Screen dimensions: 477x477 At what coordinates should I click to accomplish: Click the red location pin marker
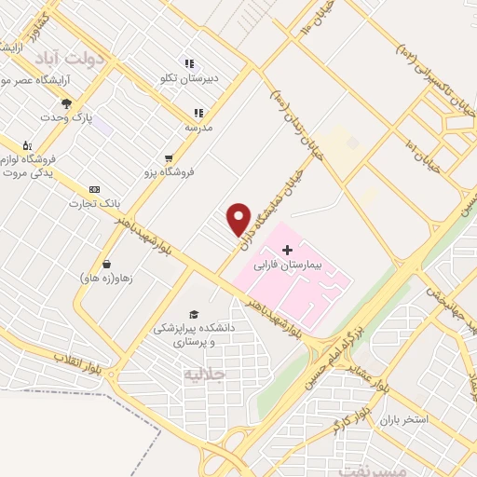coord(239,219)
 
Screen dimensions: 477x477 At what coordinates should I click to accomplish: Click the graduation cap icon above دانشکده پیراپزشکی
coord(194,314)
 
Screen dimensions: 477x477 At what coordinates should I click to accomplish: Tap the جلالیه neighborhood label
coord(206,375)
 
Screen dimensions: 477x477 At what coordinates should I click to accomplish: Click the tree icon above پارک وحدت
coord(65,103)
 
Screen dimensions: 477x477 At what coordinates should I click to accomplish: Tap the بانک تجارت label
coord(94,203)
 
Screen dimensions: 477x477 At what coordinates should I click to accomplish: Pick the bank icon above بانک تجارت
coord(93,189)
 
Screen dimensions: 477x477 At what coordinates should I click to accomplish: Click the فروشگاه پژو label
coord(169,172)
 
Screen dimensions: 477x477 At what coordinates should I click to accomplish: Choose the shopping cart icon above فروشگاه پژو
coord(169,158)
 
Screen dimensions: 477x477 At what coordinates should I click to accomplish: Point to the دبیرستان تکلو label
coord(189,78)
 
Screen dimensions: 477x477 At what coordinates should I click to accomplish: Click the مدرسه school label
coord(198,126)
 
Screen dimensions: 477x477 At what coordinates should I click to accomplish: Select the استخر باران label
coord(402,419)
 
